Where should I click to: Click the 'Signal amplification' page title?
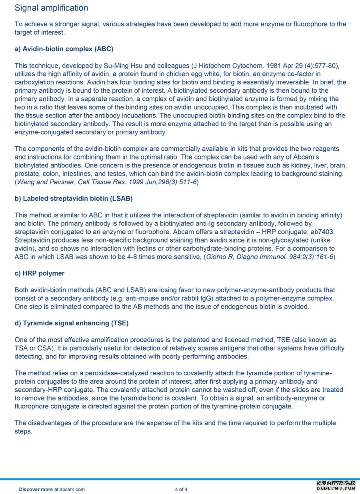tap(51, 8)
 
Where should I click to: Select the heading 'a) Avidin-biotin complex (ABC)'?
tap(64, 49)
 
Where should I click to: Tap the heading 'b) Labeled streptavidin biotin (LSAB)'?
tap(74, 199)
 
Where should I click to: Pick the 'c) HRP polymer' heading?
tap(40, 273)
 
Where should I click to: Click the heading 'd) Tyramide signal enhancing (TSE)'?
tap(72, 323)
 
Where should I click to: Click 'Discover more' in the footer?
tap(36, 489)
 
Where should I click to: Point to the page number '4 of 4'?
tap(181, 489)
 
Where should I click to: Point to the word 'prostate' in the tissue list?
tap(27, 173)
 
